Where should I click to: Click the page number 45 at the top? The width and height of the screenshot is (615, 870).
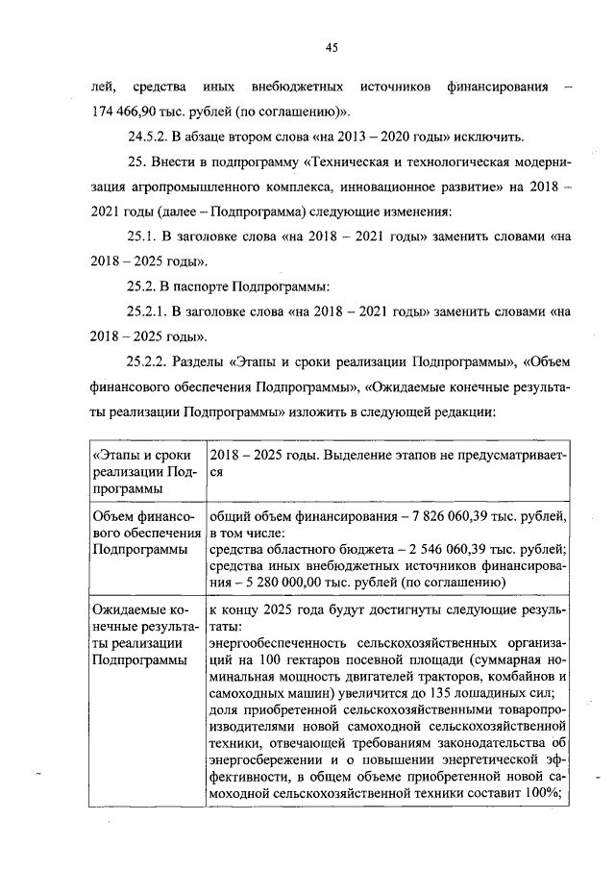[x=331, y=48]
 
